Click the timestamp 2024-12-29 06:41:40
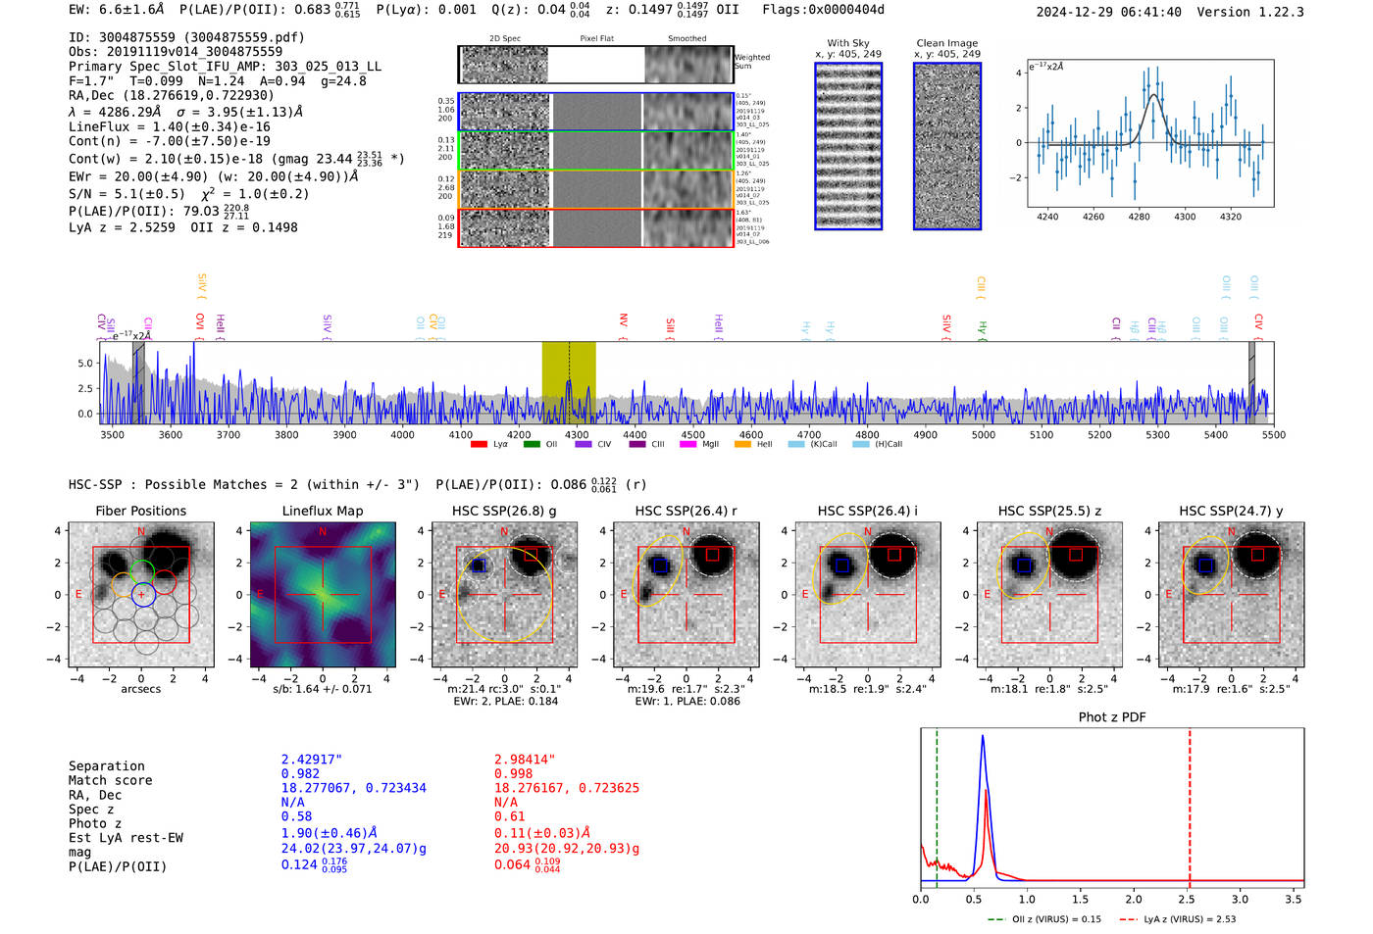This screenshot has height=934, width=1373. [1108, 12]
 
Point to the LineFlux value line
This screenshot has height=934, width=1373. [170, 126]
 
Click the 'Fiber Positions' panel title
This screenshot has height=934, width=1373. [140, 511]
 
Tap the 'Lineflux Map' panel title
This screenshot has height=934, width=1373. [323, 511]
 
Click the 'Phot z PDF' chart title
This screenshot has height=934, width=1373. [1112, 717]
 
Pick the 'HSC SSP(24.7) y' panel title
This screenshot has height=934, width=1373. [1231, 511]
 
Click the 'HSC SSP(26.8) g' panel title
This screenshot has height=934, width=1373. [504, 511]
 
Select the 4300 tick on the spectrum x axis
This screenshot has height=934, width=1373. [577, 434]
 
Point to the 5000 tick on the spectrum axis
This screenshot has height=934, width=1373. [983, 434]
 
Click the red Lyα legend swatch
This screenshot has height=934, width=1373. [479, 445]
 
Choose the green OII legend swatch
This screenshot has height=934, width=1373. [532, 445]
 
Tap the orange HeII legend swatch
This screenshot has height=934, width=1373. [742, 445]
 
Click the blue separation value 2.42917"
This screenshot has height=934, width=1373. [312, 760]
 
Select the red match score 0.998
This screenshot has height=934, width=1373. [514, 773]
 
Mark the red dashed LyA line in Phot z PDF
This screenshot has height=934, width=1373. [1190, 804]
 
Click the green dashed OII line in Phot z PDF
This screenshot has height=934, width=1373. [937, 804]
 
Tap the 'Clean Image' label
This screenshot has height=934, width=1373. [946, 43]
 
